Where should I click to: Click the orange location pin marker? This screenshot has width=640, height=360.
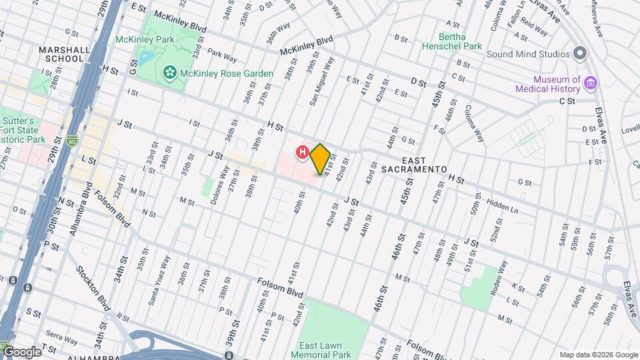pos(320,159)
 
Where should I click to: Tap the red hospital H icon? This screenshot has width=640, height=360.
pos(302,153)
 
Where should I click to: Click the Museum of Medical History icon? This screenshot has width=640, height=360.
pos(590,83)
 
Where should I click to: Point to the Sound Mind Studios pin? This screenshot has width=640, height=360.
pos(580,53)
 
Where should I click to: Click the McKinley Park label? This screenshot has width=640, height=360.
pos(144,39)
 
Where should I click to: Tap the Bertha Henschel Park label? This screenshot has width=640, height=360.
pos(461,42)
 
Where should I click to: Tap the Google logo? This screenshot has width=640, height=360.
pos(22,351)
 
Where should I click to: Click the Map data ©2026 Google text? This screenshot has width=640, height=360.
pos(599,355)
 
